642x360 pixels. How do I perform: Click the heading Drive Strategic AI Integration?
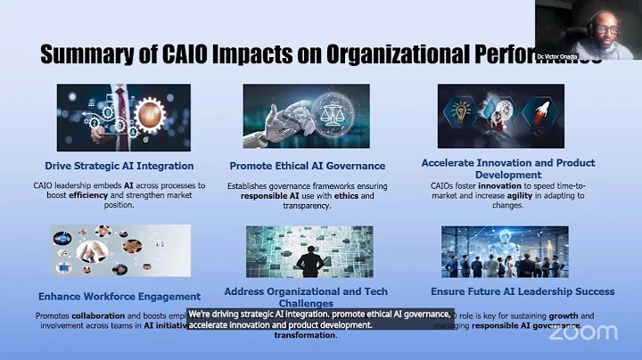point(119,165)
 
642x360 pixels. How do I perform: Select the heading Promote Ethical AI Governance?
point(307,165)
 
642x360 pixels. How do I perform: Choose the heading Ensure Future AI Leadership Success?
point(523,291)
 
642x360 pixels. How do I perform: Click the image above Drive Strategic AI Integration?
point(123,118)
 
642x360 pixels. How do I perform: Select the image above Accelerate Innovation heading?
point(500,116)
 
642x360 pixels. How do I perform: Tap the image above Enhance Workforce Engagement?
point(120,251)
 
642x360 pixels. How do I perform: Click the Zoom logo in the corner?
point(583,332)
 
